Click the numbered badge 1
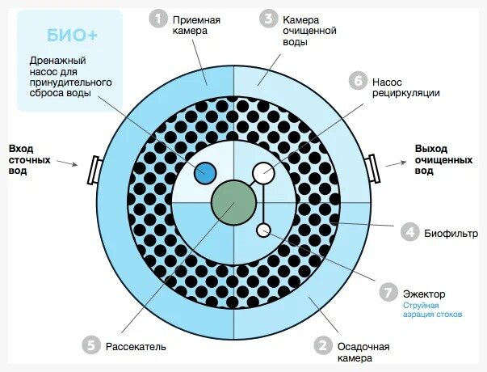(159, 18)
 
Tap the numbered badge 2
(322, 346)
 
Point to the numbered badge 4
(410, 233)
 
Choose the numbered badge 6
(356, 82)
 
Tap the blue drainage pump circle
(207, 172)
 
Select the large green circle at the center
(233, 202)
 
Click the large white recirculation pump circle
(263, 172)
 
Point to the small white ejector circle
(263, 230)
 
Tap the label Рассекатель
(136, 347)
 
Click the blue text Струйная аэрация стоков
(433, 310)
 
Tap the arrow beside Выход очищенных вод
(395, 163)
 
